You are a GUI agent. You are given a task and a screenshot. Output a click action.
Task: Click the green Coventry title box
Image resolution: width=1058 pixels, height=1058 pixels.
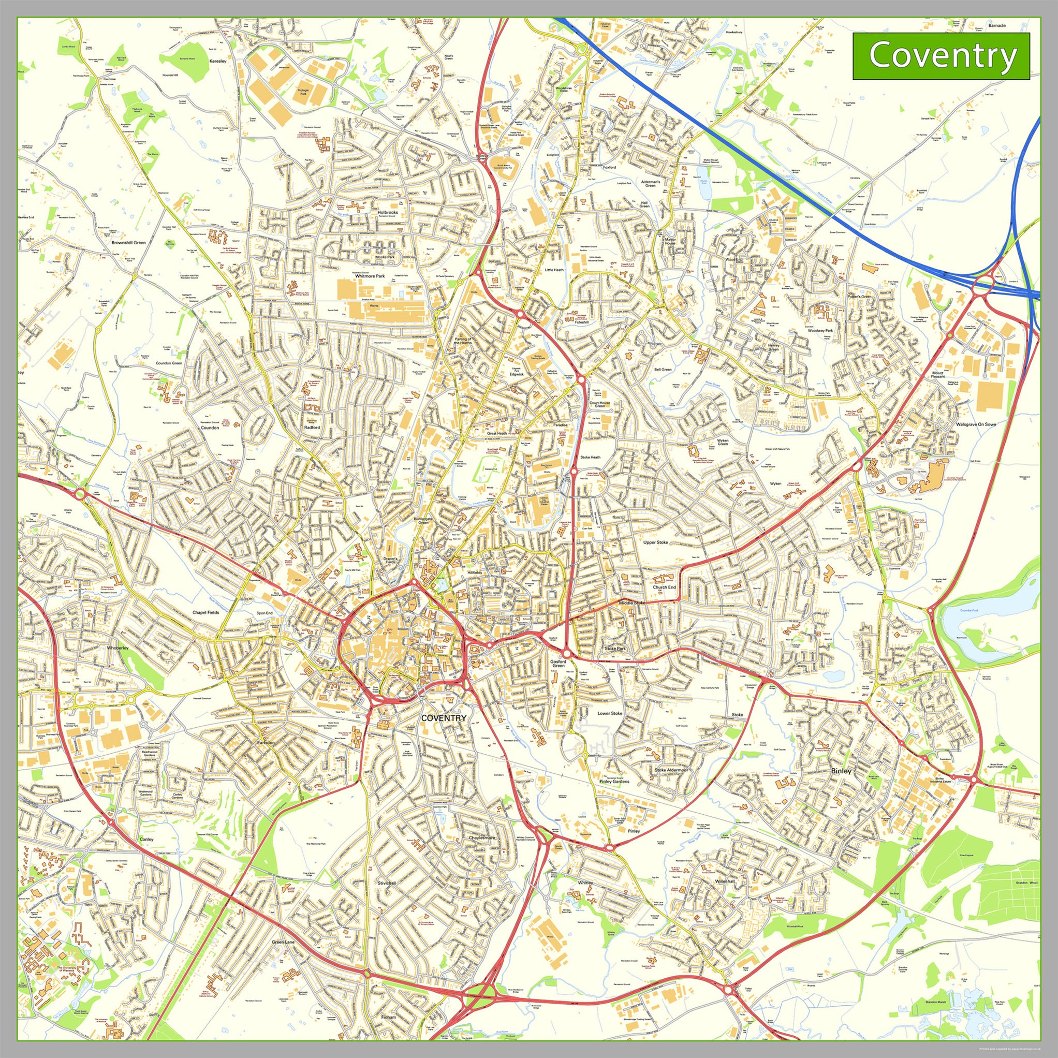point(941,56)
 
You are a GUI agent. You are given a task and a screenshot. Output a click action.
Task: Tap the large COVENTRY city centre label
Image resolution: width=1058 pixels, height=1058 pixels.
point(444,718)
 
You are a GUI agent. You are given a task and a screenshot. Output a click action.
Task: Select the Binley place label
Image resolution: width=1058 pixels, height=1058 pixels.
point(841,771)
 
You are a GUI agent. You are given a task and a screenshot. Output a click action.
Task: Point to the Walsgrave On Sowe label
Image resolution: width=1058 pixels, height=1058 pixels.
point(976,424)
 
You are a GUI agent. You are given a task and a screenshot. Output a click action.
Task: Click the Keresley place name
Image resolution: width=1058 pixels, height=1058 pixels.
point(217,61)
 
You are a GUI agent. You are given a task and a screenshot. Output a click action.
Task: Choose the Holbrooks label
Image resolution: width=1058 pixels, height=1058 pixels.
point(388,212)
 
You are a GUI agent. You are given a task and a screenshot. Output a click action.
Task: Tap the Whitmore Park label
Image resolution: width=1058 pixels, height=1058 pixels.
point(370,276)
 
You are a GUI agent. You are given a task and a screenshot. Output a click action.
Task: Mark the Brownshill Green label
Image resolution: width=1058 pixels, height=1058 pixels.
point(128,242)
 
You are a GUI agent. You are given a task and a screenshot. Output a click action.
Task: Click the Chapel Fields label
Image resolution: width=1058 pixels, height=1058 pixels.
point(205,613)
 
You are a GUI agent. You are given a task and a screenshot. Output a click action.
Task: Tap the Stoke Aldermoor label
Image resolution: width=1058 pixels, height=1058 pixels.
point(671,770)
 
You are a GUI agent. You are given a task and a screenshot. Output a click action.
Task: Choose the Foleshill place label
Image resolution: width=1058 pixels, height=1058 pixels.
point(578,322)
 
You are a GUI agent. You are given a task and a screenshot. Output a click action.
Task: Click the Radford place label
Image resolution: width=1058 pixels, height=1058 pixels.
point(312,427)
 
